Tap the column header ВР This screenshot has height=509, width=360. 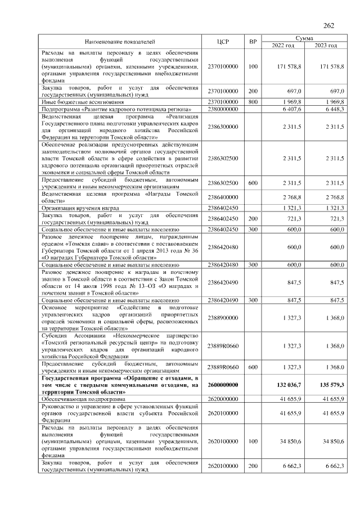pyautogui.click(x=253, y=42)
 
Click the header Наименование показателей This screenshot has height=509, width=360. pyautogui.click(x=120, y=42)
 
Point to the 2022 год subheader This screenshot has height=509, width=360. pyautogui.click(x=283, y=45)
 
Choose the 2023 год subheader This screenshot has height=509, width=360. pyautogui.click(x=326, y=45)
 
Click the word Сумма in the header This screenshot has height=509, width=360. pyautogui.click(x=304, y=38)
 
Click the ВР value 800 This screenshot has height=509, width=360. pyautogui.click(x=253, y=102)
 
